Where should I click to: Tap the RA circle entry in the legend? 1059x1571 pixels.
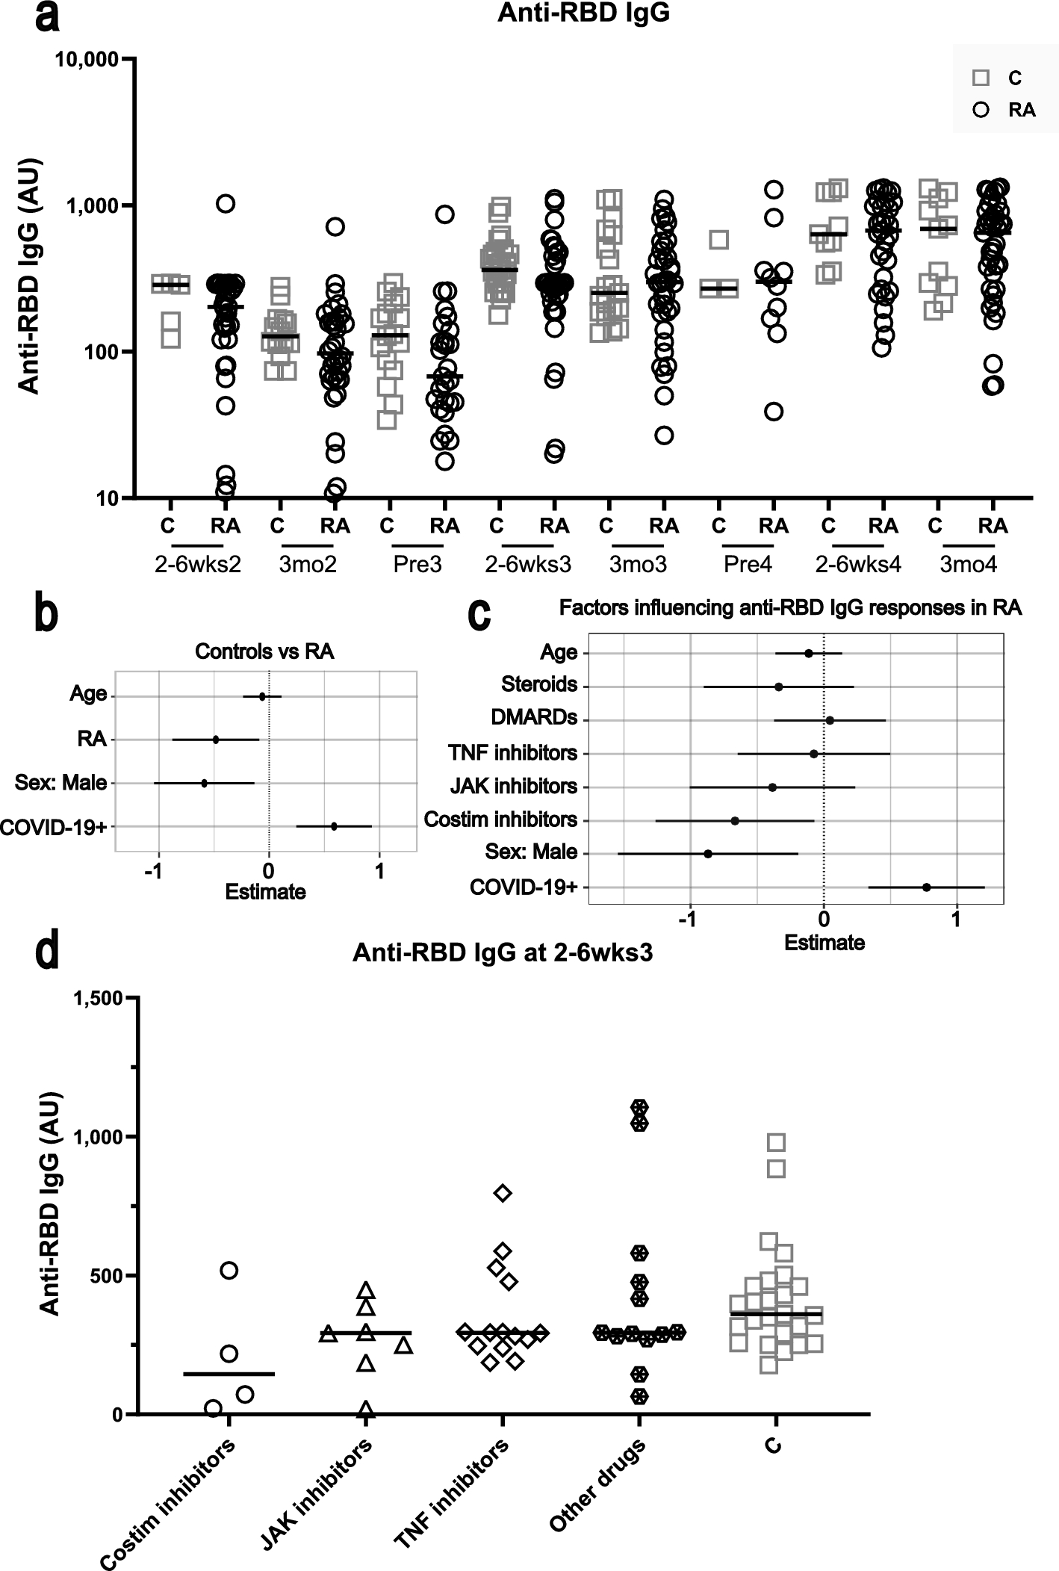pyautogui.click(x=981, y=110)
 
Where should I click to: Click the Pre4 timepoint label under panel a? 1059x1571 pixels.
pyautogui.click(x=748, y=564)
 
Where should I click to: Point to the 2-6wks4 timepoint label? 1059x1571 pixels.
pyautogui.click(x=858, y=564)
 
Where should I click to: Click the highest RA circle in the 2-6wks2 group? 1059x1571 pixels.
pyautogui.click(x=226, y=203)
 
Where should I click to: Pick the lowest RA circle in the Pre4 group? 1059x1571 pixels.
pyautogui.click(x=774, y=412)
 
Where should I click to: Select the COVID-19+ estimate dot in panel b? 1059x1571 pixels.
pyautogui.click(x=334, y=826)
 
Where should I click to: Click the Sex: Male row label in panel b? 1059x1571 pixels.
pyautogui.click(x=61, y=783)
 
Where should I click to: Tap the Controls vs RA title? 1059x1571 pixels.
pyautogui.click(x=264, y=651)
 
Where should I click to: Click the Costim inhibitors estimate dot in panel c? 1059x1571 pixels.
pyautogui.click(x=735, y=820)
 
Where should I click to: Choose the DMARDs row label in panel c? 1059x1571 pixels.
pyautogui.click(x=534, y=717)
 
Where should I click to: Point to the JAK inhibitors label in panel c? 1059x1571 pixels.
pyautogui.click(x=514, y=786)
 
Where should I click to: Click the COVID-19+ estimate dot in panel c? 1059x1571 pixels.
pyautogui.click(x=927, y=887)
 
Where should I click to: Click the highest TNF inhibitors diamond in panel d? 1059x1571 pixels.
pyautogui.click(x=503, y=1193)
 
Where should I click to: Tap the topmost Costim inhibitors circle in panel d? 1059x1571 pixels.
pyautogui.click(x=229, y=1270)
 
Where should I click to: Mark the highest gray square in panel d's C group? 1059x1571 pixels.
pyautogui.click(x=776, y=1142)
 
